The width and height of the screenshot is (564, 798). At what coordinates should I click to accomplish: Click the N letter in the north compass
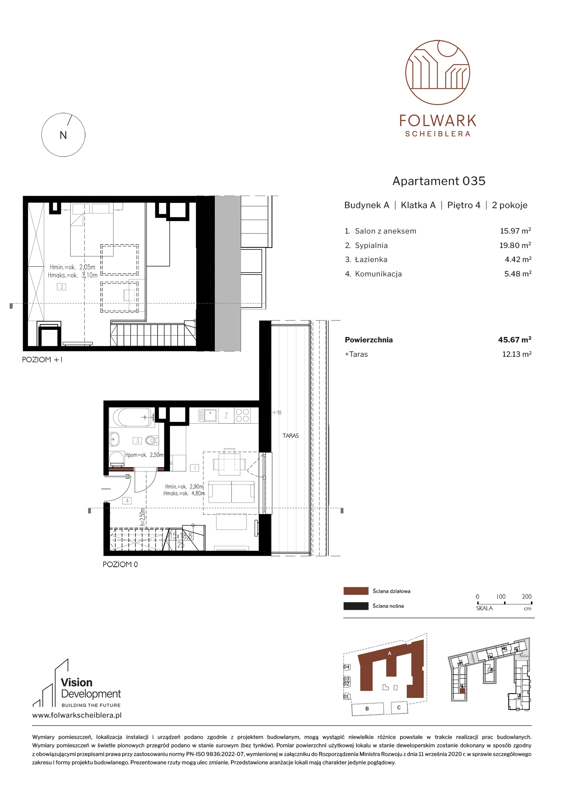(63, 135)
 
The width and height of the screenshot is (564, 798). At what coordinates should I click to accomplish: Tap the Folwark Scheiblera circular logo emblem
(437, 72)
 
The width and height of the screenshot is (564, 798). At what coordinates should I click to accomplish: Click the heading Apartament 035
(439, 181)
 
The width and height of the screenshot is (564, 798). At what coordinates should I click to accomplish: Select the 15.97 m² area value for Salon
(516, 231)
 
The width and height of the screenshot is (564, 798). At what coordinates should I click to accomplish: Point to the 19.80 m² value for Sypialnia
(515, 245)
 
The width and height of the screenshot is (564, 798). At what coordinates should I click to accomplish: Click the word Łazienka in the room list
(371, 260)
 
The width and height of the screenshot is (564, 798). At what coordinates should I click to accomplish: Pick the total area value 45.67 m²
(515, 340)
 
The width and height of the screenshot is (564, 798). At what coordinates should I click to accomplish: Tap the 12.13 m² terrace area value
(517, 354)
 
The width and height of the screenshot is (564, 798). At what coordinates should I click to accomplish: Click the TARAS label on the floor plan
(291, 436)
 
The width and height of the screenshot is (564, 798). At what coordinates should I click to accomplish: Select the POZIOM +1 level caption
(42, 360)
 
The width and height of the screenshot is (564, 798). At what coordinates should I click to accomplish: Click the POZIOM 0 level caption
(120, 564)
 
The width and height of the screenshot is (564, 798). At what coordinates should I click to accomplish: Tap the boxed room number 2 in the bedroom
(61, 287)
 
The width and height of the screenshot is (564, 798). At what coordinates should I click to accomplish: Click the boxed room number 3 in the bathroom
(137, 441)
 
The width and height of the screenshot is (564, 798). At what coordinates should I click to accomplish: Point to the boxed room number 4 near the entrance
(127, 501)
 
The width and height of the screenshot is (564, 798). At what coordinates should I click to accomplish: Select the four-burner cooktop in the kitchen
(242, 415)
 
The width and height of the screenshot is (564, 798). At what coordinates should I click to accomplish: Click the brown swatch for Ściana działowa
(356, 591)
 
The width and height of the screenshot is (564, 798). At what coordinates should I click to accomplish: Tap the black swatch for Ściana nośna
(356, 606)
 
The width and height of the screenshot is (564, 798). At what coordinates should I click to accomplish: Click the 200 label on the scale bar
(527, 597)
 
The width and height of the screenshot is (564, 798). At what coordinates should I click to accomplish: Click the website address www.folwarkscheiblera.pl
(77, 715)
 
